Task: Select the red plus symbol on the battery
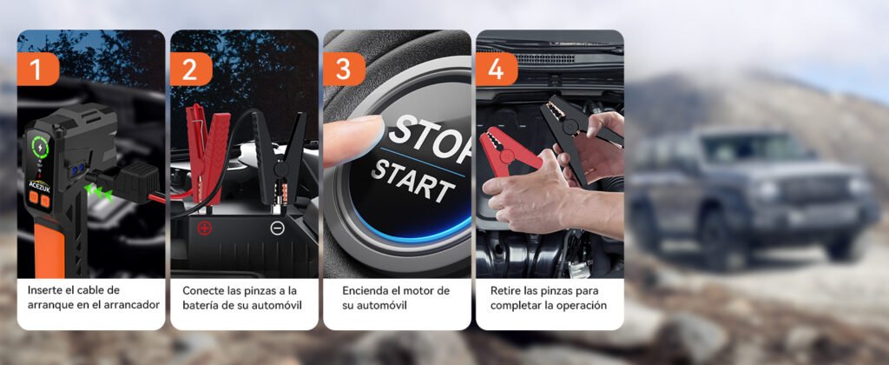pos(204,229)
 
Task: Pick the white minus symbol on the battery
pos(276,229)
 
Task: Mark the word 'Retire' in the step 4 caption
pos(505,290)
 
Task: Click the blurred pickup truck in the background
pos(751,196)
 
